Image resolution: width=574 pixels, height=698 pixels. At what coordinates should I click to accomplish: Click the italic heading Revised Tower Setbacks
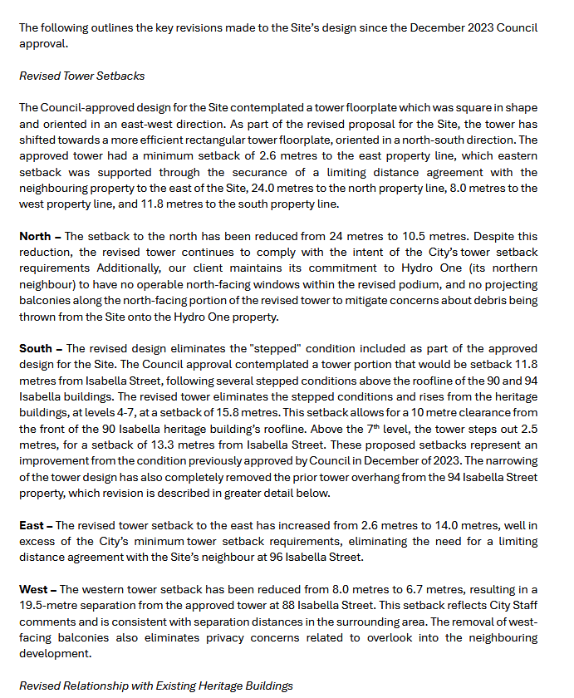click(x=81, y=76)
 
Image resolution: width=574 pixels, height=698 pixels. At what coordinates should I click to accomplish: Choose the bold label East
click(x=33, y=525)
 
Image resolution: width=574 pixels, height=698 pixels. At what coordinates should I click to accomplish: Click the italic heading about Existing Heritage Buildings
click(x=156, y=686)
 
